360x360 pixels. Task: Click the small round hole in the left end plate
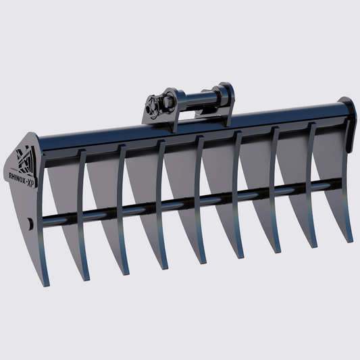[x=30, y=223]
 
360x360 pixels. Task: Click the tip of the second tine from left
[x=84, y=279]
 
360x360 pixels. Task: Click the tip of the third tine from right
[x=276, y=251]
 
